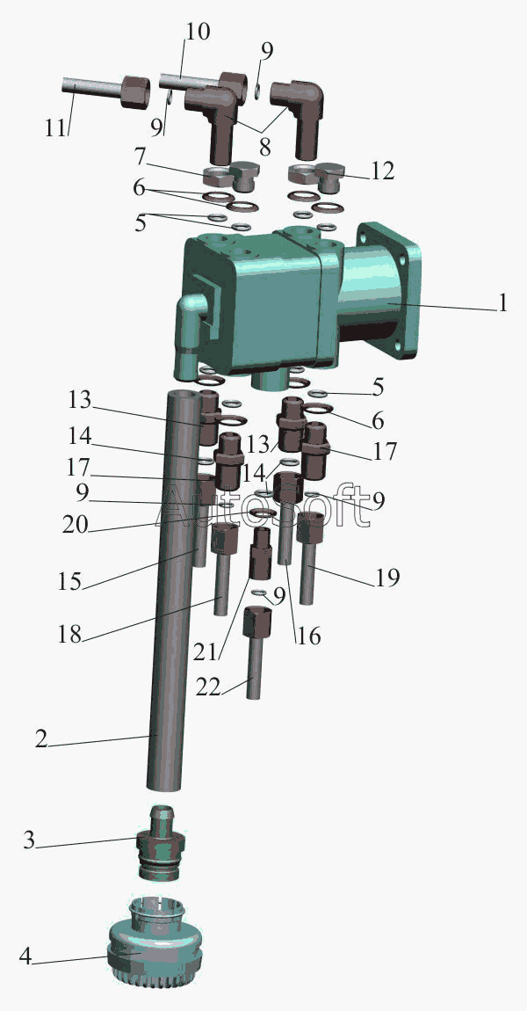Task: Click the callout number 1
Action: pos(502,303)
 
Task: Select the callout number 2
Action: pos(41,738)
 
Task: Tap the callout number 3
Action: pos(29,840)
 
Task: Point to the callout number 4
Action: pos(25,956)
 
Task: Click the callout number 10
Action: pos(197,32)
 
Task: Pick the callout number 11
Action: pos(56,127)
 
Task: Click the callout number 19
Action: pos(386,577)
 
